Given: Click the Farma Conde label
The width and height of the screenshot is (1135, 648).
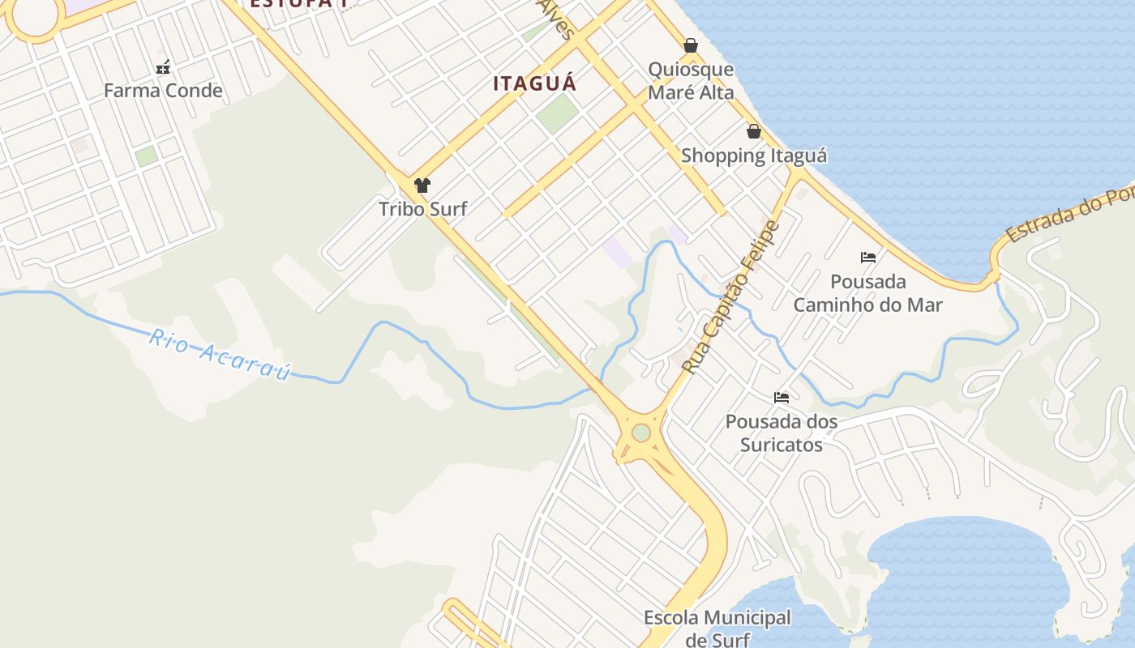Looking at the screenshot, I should coord(163,90).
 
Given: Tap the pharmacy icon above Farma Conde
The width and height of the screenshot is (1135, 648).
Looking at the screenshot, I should coord(163,67).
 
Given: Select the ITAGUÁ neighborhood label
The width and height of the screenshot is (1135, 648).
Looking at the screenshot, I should coord(535,83).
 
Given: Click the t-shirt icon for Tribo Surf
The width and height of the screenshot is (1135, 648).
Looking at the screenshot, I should coord(422,185).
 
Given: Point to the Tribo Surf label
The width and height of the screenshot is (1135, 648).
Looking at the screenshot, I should coord(423,209).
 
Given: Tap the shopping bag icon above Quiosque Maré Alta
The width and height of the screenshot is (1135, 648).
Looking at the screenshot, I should coord(691,45).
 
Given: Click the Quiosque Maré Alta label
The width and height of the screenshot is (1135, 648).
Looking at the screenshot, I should coord(691,81).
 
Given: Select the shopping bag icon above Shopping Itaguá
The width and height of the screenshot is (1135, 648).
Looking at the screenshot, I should coord(754,131).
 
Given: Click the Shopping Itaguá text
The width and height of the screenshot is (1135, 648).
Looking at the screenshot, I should coord(754,156).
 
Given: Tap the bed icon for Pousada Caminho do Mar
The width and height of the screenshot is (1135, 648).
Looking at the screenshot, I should coord(868,258).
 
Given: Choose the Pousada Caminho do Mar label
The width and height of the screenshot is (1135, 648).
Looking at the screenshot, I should coord(868,293).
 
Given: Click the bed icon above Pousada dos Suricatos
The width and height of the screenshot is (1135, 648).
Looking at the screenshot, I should coord(782,398).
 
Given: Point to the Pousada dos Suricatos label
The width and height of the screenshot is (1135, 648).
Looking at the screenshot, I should coord(782,433).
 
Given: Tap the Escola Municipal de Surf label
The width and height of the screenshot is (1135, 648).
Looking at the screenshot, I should coord(717,629).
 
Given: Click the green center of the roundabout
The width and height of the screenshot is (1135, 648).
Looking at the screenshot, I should coord(641,433).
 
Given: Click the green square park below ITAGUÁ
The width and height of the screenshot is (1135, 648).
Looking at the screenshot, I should coord(557,113).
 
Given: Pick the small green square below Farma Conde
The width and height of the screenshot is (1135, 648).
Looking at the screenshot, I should coord(146,156).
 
